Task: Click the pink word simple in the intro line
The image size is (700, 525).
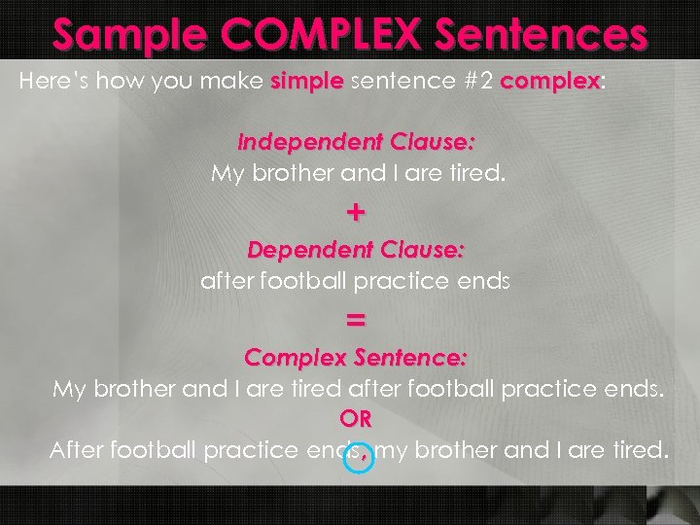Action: [306, 82]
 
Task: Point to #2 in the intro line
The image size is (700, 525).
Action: [471, 82]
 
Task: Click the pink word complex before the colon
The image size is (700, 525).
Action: [550, 82]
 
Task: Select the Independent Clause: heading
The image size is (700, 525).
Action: [356, 142]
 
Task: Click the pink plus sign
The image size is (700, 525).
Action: [356, 210]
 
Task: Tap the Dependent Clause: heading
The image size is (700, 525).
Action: [356, 250]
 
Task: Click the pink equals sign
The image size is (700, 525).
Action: [356, 319]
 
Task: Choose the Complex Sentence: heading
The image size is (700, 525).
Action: [356, 358]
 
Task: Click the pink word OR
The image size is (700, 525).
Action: [356, 420]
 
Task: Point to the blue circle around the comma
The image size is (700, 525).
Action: [359, 459]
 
